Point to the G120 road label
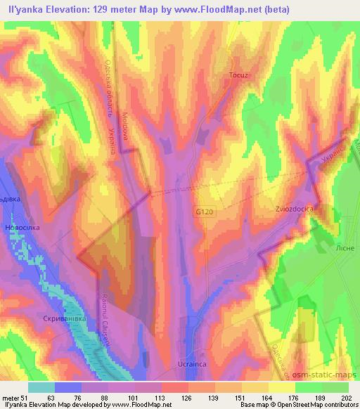tap(205, 212)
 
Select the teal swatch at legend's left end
tap(41, 387)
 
